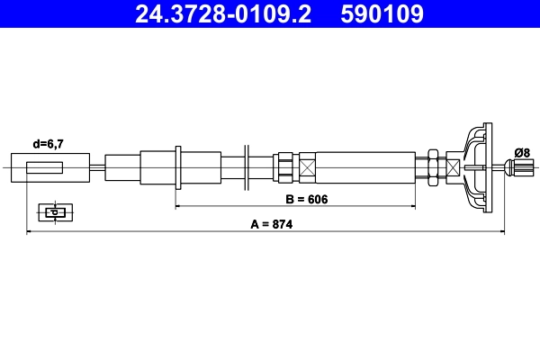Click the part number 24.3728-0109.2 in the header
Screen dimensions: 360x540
pos(222,14)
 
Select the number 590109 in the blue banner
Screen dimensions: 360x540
pos(382,14)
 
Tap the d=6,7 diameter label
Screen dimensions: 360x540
pos(49,143)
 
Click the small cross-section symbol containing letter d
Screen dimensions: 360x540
pos(54,212)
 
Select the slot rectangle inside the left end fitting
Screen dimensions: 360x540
pos(45,167)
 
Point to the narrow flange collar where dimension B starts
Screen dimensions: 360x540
pos(179,167)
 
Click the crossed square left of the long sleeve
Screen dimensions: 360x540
pos(308,167)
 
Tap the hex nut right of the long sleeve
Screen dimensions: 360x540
pos(434,167)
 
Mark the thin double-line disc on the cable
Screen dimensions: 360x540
pos(246,167)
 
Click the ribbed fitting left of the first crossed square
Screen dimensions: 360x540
pos(284,167)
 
